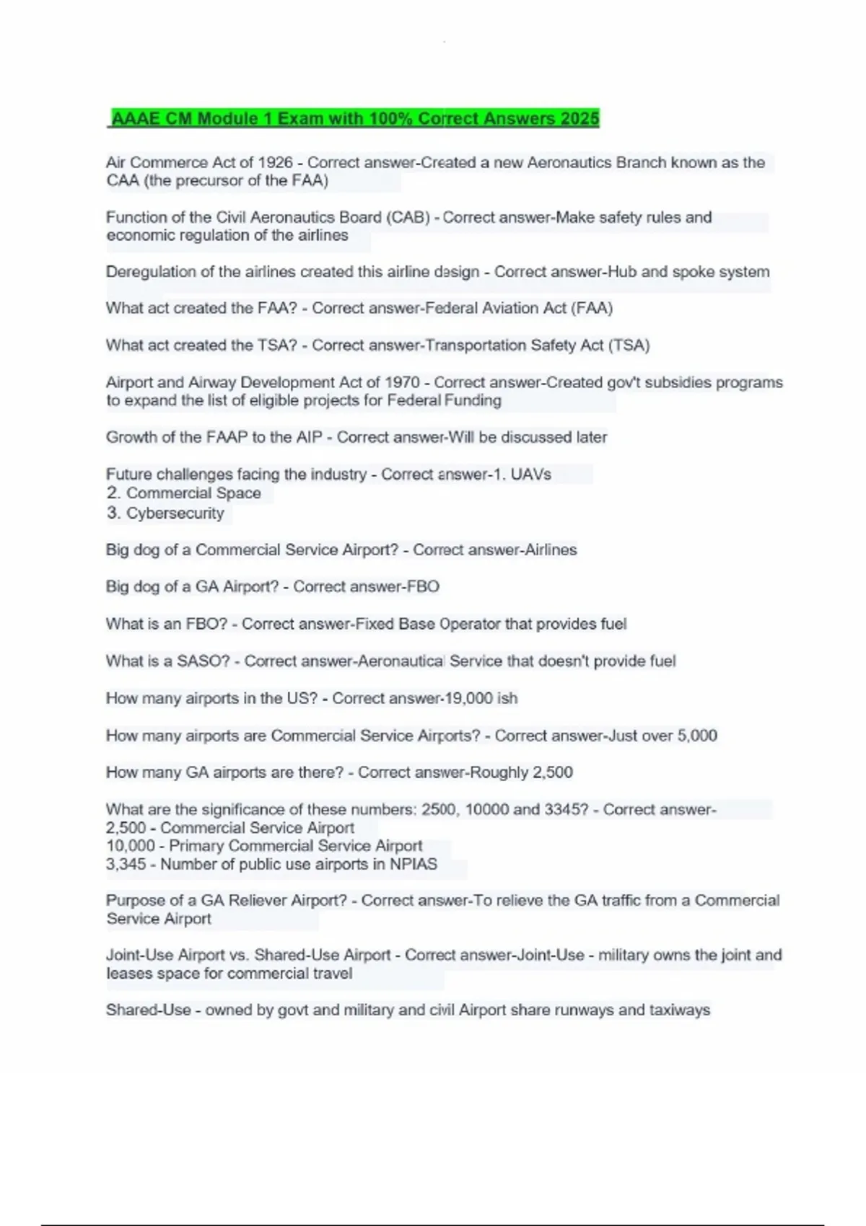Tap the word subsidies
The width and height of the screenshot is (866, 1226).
pos(677,382)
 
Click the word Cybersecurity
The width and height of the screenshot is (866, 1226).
pos(175,513)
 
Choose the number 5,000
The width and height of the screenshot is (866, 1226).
pos(696,736)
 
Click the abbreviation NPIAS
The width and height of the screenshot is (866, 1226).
pos(414,864)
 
